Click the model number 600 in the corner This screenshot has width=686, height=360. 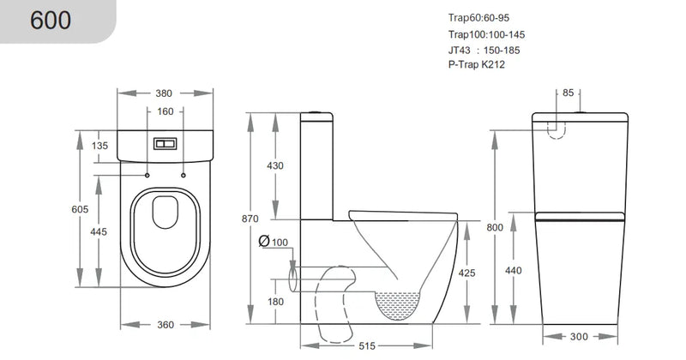pyautogui.click(x=51, y=21)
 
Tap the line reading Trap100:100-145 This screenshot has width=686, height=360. pyautogui.click(x=485, y=34)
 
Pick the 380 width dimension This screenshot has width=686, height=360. pyautogui.click(x=164, y=93)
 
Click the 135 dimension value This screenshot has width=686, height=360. pyautogui.click(x=99, y=146)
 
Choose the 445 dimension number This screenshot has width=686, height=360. pyautogui.click(x=99, y=232)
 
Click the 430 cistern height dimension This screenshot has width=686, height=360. pyautogui.click(x=275, y=166)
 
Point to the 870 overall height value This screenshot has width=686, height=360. pyautogui.click(x=250, y=219)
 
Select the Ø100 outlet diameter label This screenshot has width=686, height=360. pyautogui.click(x=274, y=243)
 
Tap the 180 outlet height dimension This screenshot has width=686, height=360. pyautogui.click(x=275, y=302)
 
